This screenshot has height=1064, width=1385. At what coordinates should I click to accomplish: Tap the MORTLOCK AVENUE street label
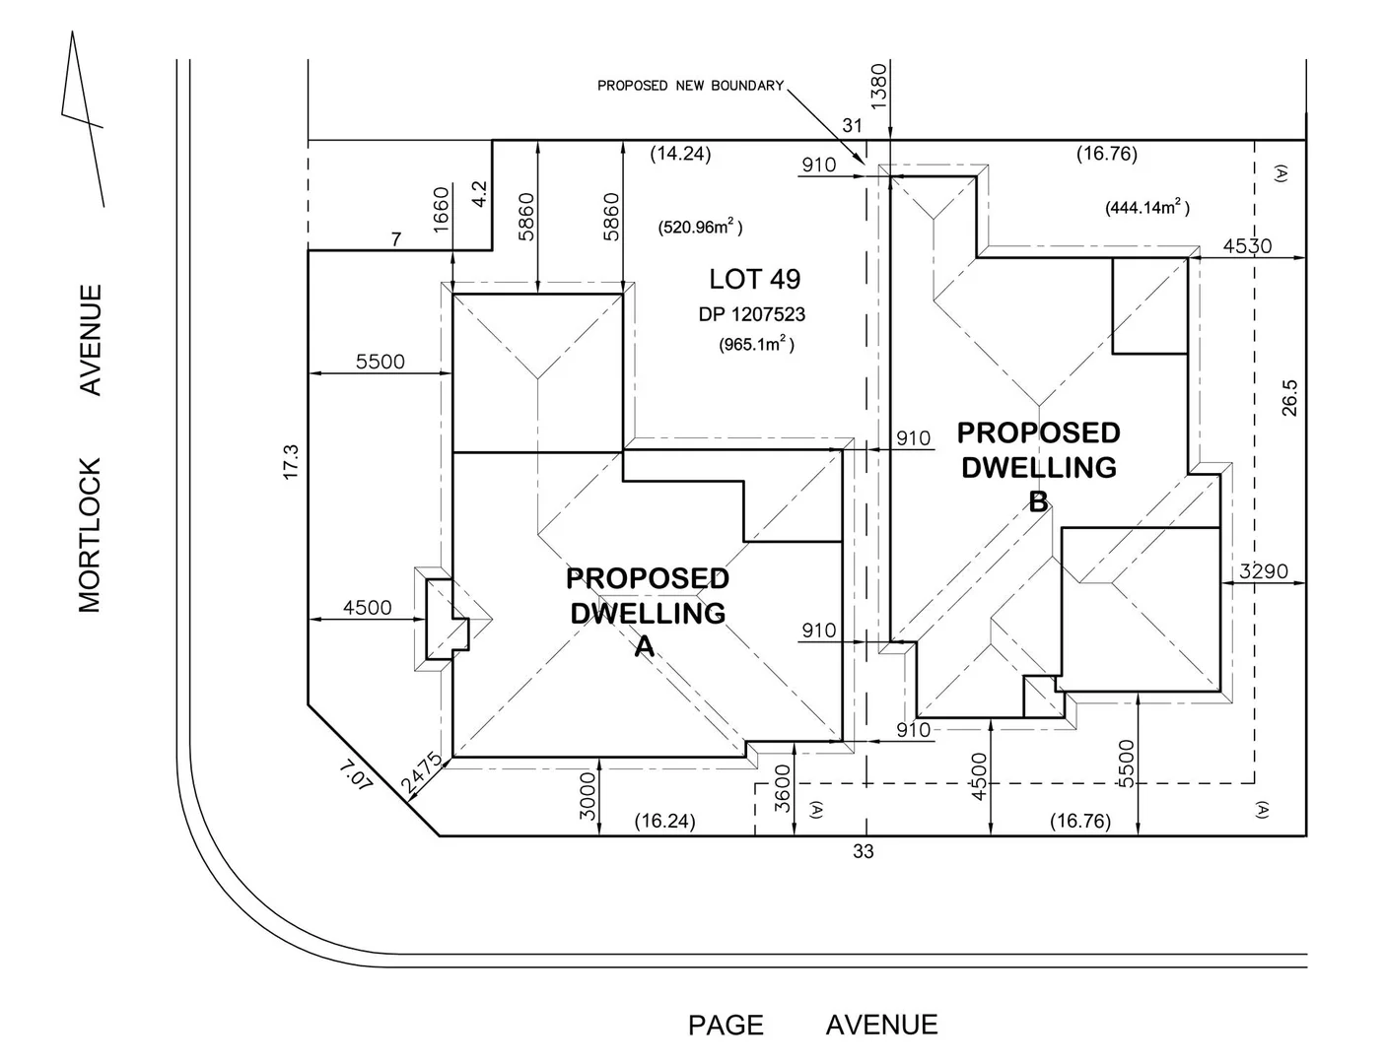[x=90, y=448]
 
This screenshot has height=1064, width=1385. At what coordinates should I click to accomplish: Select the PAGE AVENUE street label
[x=812, y=1025]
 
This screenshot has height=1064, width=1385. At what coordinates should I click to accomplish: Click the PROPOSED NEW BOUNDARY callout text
[x=690, y=86]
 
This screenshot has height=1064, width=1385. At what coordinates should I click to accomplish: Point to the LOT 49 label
[x=754, y=279]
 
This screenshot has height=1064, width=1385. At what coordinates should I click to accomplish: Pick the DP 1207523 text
[x=752, y=314]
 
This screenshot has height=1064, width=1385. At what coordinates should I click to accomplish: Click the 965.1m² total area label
[x=756, y=344]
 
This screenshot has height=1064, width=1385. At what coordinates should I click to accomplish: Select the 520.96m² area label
[x=700, y=228]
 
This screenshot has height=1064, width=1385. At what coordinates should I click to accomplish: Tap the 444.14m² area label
[x=1146, y=208]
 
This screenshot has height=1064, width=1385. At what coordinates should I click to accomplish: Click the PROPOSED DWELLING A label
[x=647, y=611]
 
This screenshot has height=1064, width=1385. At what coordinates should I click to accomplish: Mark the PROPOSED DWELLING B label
[x=1038, y=466]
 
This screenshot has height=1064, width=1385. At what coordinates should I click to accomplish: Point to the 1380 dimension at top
[x=879, y=86]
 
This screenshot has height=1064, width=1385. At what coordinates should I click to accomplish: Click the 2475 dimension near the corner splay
[x=421, y=773]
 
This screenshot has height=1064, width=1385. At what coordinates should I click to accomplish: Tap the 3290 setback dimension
[x=1263, y=571]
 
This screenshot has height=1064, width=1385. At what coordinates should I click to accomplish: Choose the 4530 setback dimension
[x=1247, y=246]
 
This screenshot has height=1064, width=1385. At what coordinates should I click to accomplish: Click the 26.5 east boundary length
[x=1290, y=399]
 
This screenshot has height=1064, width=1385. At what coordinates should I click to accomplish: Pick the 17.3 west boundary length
[x=289, y=461]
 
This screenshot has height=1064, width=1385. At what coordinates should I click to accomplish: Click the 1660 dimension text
[x=441, y=206]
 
